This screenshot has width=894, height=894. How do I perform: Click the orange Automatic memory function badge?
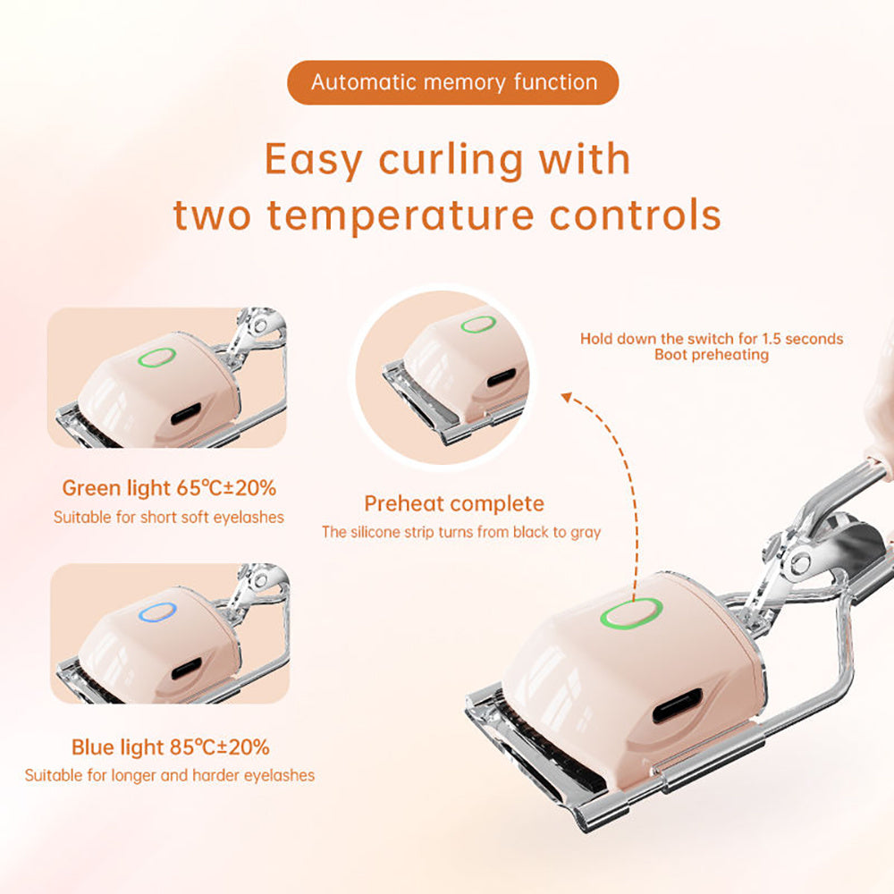coord(452,82)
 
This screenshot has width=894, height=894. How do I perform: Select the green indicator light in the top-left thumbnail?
coord(156,358)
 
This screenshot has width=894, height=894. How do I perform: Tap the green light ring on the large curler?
coord(630,614)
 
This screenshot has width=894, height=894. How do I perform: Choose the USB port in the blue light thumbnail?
coord(185,667)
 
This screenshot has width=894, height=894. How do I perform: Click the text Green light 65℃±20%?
coord(169,488)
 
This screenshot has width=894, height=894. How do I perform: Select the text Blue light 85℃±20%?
coord(170,746)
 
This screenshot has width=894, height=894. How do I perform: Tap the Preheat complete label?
coord(453,503)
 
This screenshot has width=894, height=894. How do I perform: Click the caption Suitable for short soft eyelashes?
coord(169,517)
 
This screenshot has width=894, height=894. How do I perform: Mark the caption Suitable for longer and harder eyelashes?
coord(170,775)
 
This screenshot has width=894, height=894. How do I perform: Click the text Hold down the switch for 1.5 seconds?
coord(711,339)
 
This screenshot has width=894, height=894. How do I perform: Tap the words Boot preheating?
coord(711,355)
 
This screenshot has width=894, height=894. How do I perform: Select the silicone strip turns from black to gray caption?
coord(460,532)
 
